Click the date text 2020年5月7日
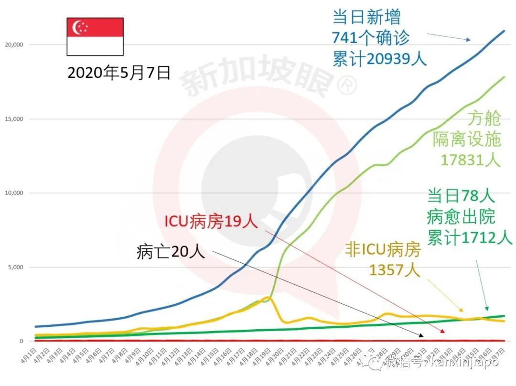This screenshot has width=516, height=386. [119, 73]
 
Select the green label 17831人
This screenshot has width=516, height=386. [470, 160]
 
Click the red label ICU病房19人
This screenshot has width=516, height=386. [211, 222]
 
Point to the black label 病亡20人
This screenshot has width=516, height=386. [171, 251]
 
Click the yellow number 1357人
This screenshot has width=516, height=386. [394, 270]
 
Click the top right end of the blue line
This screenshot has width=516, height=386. [504, 31]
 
